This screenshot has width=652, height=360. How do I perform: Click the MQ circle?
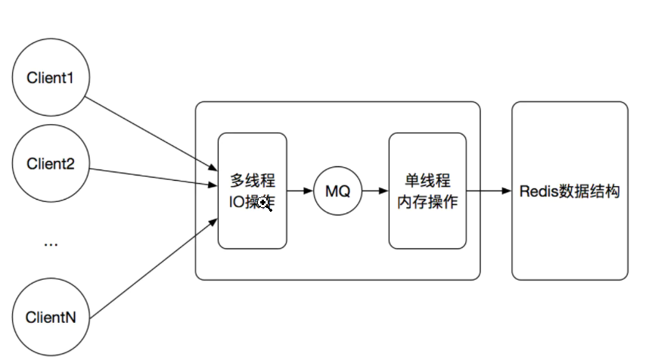(x=337, y=191)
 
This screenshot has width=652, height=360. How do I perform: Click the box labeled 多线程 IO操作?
(x=252, y=227)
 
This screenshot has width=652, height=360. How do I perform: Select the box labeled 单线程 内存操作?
(x=427, y=227)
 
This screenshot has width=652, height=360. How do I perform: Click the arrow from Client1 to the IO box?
(x=151, y=131)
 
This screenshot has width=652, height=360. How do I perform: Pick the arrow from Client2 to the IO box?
(x=151, y=175)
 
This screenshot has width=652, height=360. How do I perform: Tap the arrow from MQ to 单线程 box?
(x=375, y=191)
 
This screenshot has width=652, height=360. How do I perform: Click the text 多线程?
(x=253, y=182)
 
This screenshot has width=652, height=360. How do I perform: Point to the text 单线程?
(x=427, y=182)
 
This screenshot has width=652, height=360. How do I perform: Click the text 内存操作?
(x=427, y=203)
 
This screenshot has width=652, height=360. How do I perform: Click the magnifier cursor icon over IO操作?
(x=265, y=203)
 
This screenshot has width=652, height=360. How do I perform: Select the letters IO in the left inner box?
(x=237, y=203)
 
